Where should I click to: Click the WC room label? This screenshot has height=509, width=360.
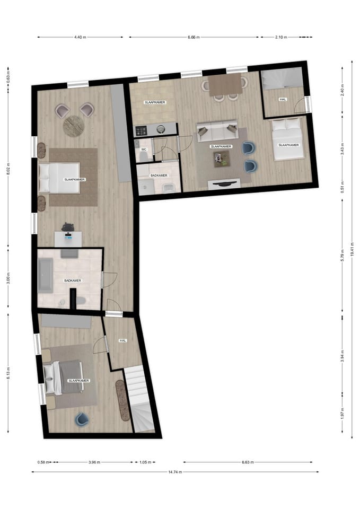click(143, 150)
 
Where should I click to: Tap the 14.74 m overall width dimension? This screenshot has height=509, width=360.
click(175, 471)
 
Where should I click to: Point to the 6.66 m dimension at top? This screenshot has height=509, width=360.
click(195, 37)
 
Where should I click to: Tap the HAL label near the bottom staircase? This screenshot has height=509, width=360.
click(122, 340)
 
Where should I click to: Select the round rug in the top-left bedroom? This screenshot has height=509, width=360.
click(73, 126)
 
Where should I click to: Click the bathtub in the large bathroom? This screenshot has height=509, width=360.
click(46, 275)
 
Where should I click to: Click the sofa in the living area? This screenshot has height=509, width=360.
click(217, 131)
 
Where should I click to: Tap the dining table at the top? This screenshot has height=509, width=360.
click(225, 84)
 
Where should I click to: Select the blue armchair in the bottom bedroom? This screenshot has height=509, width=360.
click(82, 420)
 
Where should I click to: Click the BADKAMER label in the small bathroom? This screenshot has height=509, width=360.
click(159, 175)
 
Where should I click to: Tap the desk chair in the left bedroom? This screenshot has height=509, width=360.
click(68, 227)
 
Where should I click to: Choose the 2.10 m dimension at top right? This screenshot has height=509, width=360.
click(281, 37)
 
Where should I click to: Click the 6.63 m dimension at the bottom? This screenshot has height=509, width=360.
click(247, 462)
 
